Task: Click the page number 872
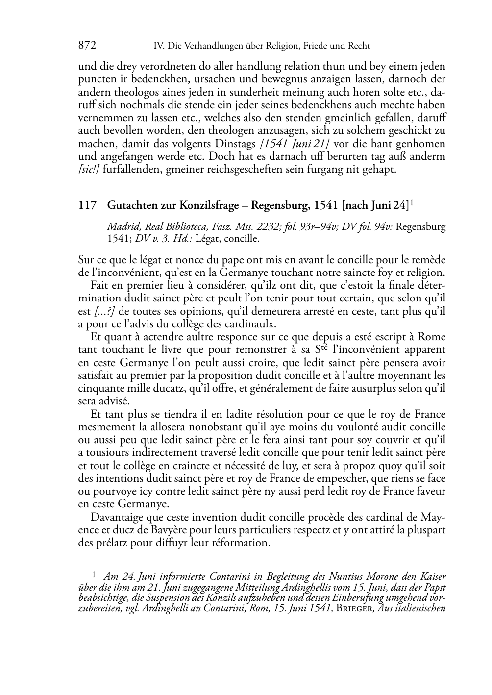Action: (x=87, y=46)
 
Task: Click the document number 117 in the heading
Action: (x=86, y=206)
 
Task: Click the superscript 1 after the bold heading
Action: (x=411, y=203)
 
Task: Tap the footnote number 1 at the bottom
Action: (x=95, y=576)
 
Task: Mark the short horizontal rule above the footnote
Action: (x=97, y=569)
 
